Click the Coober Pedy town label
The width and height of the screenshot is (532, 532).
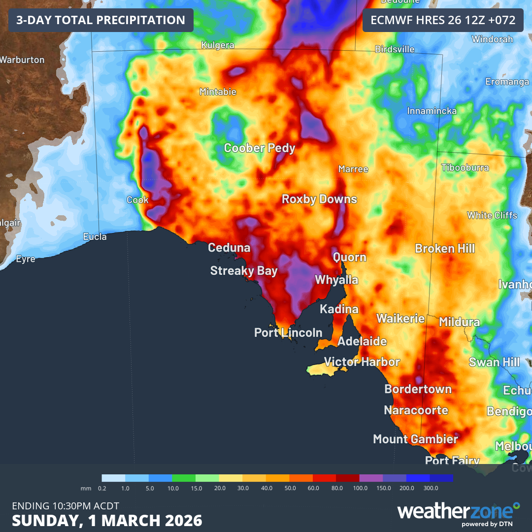coord(260,148)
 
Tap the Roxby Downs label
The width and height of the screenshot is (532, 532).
coord(319,199)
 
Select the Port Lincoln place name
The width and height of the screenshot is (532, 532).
coord(288,333)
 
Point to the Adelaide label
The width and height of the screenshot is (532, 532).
coord(362,341)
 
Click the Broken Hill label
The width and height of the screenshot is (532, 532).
coord(445,248)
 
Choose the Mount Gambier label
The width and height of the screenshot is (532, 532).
coord(415,439)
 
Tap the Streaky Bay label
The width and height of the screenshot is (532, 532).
coord(244,270)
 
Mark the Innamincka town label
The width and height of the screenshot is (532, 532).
coord(432,111)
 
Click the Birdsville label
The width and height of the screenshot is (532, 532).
coord(395,49)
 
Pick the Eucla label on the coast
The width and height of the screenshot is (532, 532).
coord(95,237)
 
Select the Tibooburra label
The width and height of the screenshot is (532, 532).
coord(465,167)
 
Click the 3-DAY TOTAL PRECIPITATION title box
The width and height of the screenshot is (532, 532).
coord(100,20)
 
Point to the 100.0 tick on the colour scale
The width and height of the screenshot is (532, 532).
coord(360,488)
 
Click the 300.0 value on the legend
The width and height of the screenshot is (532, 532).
coord(430,488)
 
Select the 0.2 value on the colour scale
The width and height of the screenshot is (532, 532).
coord(102,488)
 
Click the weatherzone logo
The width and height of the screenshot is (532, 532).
coord(458,512)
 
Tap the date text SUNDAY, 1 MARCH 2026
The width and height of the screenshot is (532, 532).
coord(107,520)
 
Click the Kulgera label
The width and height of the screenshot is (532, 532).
coord(218,45)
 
